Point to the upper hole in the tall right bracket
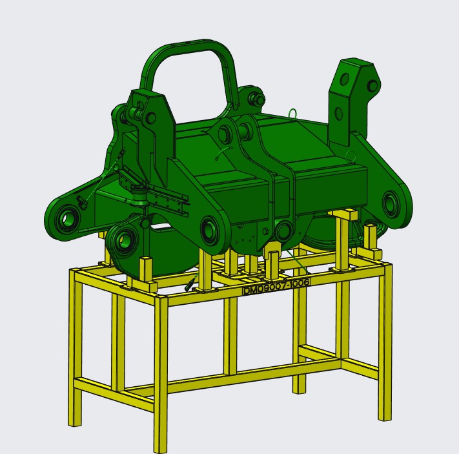pos(345,79)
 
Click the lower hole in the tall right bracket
pos(339,114)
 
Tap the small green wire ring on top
pos(293,114)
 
